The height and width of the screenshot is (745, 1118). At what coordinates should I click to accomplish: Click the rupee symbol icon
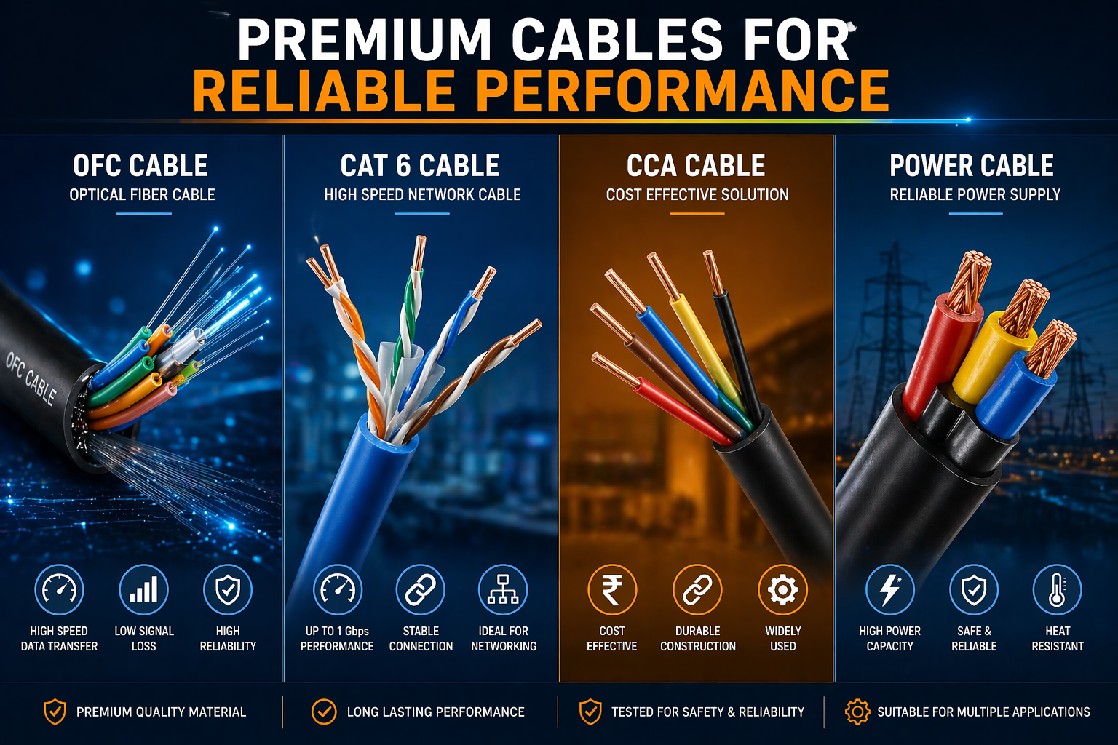pos(612,590)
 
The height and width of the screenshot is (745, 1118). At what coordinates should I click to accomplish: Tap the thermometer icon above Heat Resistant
pos(1057,590)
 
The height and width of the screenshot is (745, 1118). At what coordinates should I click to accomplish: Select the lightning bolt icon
pos(889,590)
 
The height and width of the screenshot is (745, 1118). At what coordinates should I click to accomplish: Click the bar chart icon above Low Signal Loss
pos(143,590)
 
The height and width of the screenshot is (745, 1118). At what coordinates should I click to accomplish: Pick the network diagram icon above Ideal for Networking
pos(503,590)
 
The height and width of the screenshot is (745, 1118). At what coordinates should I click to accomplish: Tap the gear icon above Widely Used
pos(782,590)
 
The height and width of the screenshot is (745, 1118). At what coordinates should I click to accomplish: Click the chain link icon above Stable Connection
pos(420,590)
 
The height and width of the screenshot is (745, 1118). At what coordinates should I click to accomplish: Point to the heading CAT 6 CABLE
pos(420,166)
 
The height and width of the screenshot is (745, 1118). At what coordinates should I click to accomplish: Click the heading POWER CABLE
pos(971,166)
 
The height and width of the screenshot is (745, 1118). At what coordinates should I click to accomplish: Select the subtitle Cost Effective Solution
pos(697,194)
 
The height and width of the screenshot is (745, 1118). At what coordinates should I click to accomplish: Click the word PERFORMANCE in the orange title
pos(683,92)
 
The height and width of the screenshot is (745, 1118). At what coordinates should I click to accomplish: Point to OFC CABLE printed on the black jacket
pos(31,378)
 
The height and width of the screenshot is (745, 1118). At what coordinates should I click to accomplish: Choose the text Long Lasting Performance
pos(436,712)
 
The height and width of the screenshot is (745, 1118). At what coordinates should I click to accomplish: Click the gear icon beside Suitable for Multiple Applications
pos(857,712)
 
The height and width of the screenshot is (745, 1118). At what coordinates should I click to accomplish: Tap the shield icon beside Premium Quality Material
pos(55,712)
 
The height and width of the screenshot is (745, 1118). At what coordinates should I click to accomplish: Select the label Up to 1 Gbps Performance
pos(337,639)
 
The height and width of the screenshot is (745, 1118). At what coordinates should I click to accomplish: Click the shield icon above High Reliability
pos(228,590)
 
